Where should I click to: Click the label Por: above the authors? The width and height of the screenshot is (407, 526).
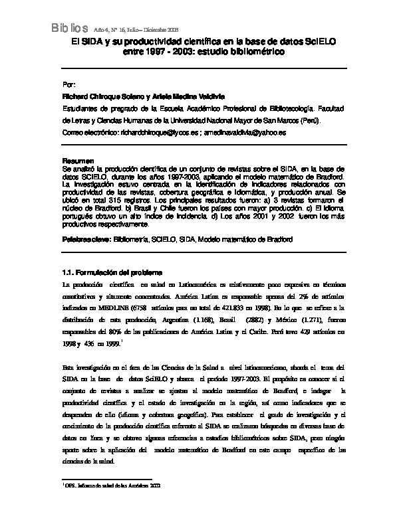pyautogui.click(x=68, y=86)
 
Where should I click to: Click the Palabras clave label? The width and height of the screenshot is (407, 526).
pyautogui.click(x=86, y=238)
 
